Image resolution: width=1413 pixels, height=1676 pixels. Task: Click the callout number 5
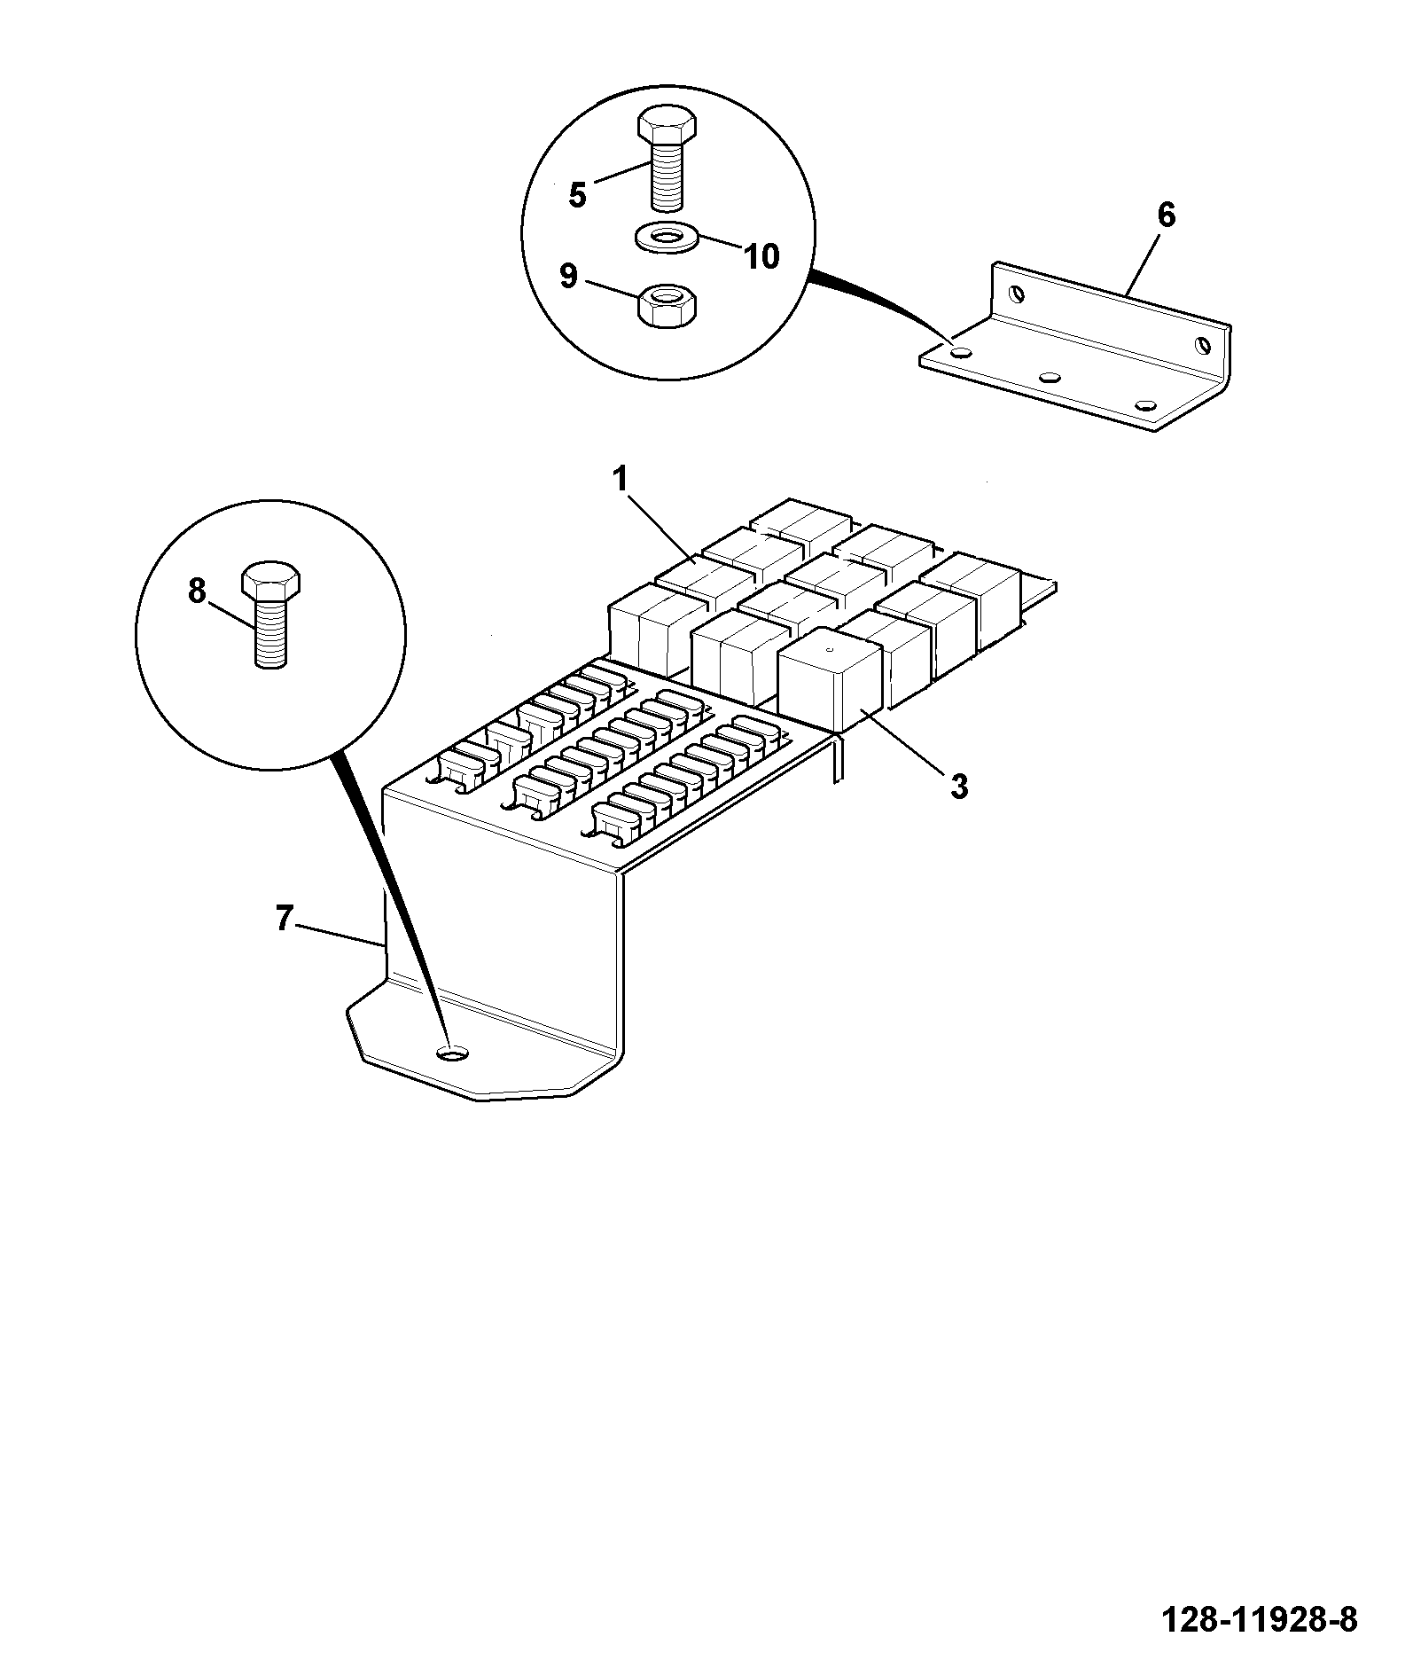(x=577, y=194)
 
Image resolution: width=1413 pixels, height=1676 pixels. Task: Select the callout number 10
(x=761, y=256)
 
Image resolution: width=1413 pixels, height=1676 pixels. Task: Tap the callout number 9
(x=568, y=276)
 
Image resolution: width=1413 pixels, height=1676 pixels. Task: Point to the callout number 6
(x=1166, y=215)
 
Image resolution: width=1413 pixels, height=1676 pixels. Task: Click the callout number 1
(x=620, y=480)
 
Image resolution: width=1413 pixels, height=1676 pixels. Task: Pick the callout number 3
(x=959, y=787)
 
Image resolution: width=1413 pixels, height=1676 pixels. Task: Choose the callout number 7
(x=283, y=920)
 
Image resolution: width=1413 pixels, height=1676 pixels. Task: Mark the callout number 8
(x=197, y=591)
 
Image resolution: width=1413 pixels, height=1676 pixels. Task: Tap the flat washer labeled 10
(x=667, y=238)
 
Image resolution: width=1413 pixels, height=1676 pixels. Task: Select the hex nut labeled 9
(x=667, y=307)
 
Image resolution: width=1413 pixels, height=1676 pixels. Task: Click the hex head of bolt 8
(x=271, y=580)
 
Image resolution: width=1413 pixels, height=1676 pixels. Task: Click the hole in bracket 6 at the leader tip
(x=960, y=352)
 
